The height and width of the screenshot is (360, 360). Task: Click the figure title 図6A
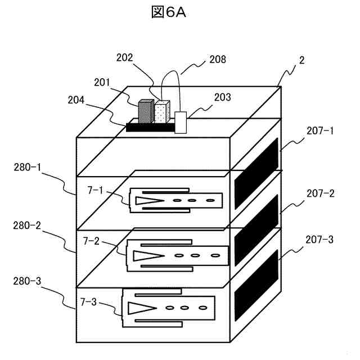coord(168,12)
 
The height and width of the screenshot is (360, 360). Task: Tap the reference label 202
coord(125,57)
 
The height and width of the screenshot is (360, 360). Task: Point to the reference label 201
coord(102,83)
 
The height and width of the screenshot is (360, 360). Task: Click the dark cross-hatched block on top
coord(146,111)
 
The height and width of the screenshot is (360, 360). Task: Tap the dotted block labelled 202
coord(161,112)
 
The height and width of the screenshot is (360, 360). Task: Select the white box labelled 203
coord(181,122)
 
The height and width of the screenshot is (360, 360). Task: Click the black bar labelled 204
coord(150,127)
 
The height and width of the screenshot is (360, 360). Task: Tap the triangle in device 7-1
coord(148,200)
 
